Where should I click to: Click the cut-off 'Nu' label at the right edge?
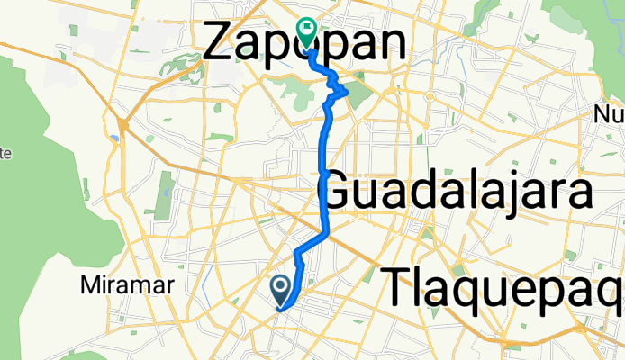pos(611,114)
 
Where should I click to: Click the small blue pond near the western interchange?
pos(114,139)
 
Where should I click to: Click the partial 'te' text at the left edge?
pos(5,153)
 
